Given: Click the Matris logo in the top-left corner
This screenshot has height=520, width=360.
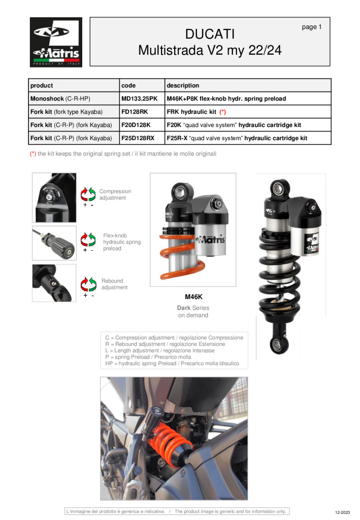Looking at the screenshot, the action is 56,42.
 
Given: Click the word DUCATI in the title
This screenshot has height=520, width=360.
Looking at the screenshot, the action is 210,34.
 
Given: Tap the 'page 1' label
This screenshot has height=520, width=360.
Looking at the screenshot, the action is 312,27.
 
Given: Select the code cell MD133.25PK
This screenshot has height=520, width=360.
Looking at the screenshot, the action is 139,99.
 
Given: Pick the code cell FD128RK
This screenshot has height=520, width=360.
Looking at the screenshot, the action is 135,112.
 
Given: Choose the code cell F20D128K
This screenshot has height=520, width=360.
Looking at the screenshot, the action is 136,125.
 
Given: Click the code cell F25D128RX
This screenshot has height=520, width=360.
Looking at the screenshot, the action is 138,138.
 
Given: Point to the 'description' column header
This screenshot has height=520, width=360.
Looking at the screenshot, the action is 183,85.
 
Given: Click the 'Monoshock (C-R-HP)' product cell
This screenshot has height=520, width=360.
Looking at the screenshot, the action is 60,99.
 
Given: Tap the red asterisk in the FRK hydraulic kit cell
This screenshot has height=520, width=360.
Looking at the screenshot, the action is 223,112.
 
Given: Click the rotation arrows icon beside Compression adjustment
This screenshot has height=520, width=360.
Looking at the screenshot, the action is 88,194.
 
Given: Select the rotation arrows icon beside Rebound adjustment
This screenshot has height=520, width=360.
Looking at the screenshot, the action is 88,284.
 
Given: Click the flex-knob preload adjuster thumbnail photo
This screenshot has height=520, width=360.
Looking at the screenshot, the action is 54,243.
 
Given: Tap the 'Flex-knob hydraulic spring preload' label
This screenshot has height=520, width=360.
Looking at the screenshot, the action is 122,242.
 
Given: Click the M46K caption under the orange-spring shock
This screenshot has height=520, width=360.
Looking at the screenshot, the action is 193,297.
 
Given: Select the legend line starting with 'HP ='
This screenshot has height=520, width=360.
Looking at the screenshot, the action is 172,364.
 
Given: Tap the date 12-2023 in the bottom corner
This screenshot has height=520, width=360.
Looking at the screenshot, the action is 342,512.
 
